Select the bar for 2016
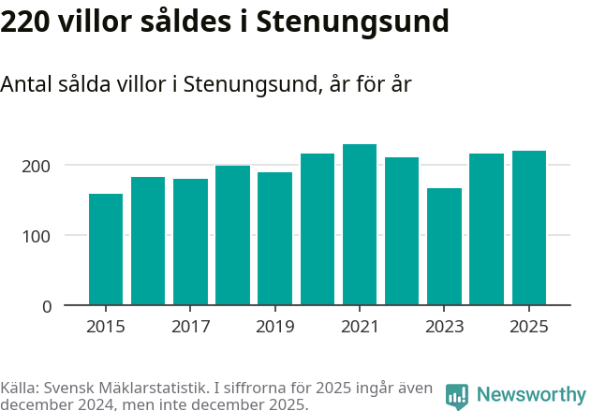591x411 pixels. (x=148, y=241)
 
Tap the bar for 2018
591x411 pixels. (x=232, y=235)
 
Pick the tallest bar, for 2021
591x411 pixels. (x=360, y=225)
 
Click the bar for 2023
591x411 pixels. (x=444, y=246)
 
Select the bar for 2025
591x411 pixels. (x=529, y=228)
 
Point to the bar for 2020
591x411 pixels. (x=318, y=229)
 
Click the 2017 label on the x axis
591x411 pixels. (x=190, y=327)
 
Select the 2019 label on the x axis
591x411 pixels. (x=275, y=327)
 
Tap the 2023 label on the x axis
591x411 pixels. (x=444, y=327)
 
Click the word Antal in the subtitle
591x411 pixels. (x=26, y=84)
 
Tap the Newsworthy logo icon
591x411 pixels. (x=457, y=396)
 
